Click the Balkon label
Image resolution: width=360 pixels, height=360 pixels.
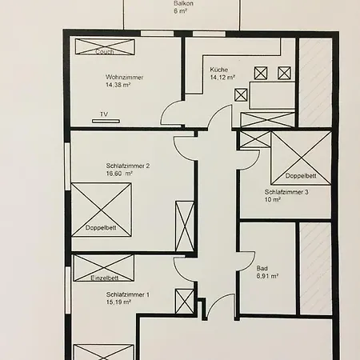183,3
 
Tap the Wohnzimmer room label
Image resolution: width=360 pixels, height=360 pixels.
124,78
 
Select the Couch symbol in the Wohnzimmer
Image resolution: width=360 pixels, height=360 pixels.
105,46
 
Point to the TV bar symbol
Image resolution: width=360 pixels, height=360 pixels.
106,122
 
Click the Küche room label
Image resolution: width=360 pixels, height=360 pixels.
219,70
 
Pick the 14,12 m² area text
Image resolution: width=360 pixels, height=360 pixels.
222,78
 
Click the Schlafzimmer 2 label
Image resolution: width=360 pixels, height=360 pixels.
128,166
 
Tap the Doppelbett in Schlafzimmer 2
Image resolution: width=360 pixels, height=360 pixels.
102,210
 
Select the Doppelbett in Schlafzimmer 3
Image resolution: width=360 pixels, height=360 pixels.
302,158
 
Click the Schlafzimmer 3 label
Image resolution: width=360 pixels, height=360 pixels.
286,192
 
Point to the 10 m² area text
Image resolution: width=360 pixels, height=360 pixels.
273,199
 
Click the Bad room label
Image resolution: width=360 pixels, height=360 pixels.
262,268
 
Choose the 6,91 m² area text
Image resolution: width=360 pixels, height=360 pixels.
267,276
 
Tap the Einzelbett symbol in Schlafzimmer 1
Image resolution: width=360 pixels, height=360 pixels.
104,268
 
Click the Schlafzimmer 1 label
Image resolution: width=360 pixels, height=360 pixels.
128,294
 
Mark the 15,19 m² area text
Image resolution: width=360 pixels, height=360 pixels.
118,302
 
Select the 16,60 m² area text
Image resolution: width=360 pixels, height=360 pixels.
119,174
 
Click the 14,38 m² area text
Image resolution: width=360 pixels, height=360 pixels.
118,85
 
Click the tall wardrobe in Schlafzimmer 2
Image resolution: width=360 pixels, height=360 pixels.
185,226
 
